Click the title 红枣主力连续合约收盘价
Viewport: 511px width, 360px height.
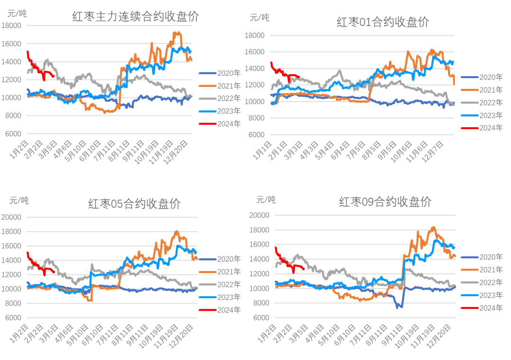[x=135, y=17]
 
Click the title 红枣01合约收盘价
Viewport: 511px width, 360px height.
[x=383, y=22]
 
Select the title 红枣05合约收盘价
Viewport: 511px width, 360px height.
[x=134, y=204]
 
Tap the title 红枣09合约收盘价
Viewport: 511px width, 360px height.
[x=385, y=202]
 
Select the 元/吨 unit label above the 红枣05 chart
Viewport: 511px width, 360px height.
[x=19, y=201]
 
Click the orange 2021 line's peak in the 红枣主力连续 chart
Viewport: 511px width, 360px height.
[x=176, y=33]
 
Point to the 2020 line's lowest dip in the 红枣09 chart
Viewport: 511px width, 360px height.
[x=399, y=307]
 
